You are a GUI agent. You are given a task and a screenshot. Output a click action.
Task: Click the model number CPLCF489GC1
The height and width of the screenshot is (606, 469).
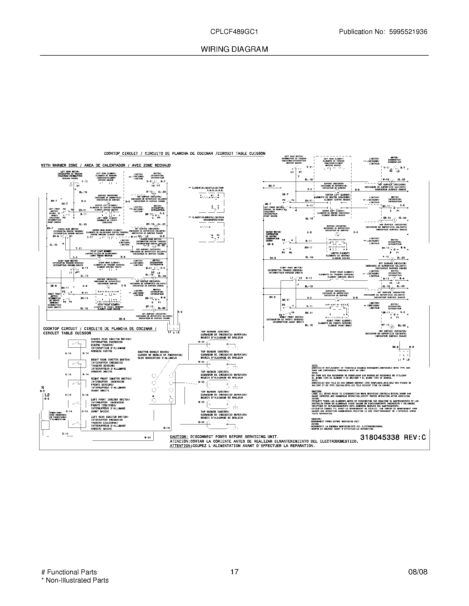(x=234, y=32)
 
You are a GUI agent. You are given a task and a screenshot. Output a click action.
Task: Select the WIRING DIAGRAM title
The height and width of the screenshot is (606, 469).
(x=234, y=49)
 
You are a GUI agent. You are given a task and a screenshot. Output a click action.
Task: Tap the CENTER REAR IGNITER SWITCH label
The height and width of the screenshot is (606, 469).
(x=111, y=339)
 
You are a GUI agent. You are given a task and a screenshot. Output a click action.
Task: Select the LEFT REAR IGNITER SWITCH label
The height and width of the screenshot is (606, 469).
(x=110, y=417)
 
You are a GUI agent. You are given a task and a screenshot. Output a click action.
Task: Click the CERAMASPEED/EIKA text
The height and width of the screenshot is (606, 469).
(x=213, y=220)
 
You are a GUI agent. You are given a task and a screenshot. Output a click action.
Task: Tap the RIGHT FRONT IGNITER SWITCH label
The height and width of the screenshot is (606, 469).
(x=111, y=378)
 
